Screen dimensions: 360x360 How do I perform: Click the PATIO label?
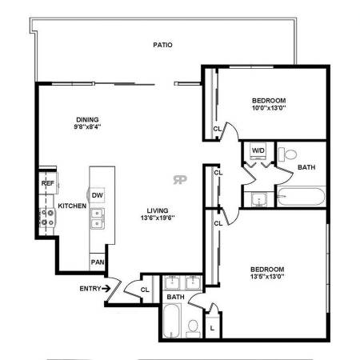coord(162,45)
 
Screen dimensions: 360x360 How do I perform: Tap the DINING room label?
coord(87,119)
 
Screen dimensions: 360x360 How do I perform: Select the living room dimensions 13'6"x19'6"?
coord(158,218)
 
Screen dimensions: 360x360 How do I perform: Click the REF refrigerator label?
coord(48,183)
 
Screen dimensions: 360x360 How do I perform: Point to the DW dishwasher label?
coord(98,195)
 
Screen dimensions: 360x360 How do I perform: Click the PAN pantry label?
coord(98,262)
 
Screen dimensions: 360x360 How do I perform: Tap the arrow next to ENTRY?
coord(106,288)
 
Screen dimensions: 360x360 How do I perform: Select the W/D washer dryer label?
coord(258,150)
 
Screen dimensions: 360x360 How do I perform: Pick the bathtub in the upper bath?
coord(302,197)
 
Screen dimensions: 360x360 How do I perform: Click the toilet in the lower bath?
coord(193,328)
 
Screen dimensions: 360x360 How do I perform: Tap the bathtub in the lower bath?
coord(171,321)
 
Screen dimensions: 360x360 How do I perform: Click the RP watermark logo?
coord(180,180)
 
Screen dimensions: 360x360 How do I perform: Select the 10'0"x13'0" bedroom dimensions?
coord(269,108)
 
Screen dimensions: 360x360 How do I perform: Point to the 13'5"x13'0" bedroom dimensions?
coord(267,277)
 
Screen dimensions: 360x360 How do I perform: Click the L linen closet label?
coord(212,329)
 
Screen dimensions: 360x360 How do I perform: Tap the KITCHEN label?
coord(72,206)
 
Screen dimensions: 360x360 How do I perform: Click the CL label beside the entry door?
coord(145,290)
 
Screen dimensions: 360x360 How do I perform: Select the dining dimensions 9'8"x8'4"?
coord(87,126)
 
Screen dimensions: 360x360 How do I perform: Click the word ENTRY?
coord(90,289)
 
